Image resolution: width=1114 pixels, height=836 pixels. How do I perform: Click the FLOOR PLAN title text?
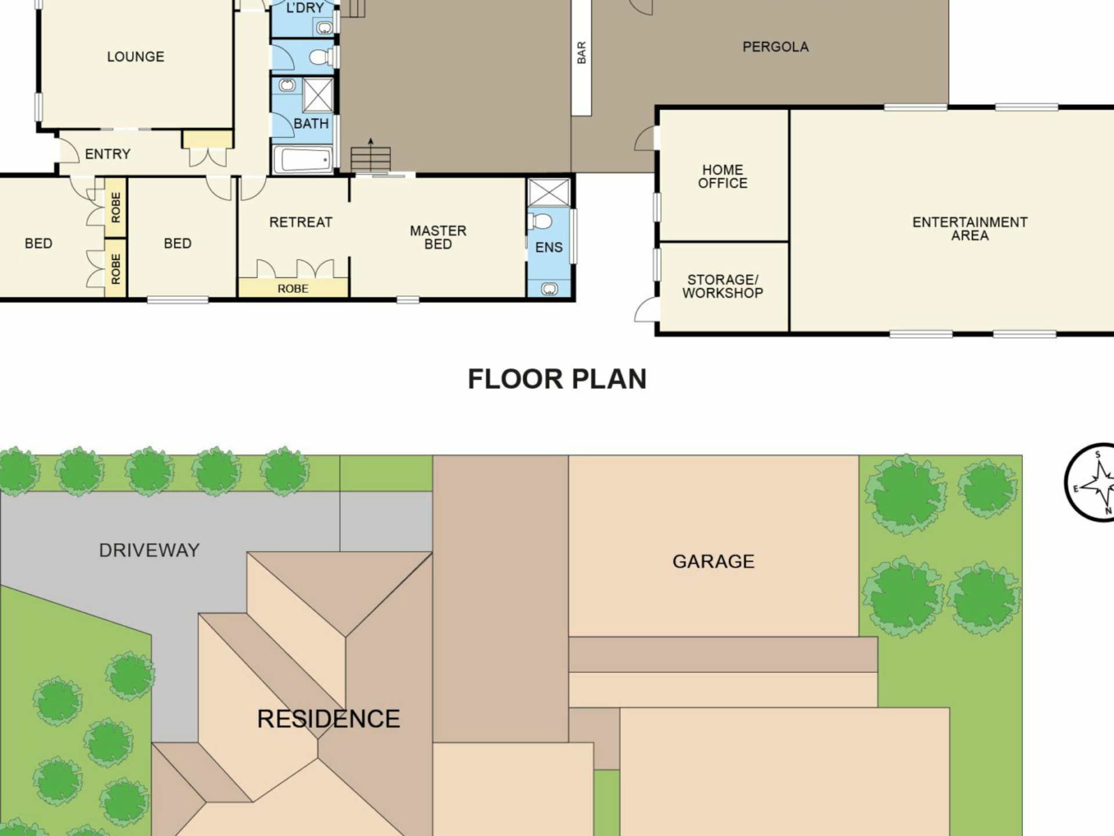point(557,379)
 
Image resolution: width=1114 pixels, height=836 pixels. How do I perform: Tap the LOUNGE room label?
point(135,56)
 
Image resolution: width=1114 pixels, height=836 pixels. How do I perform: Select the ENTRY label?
point(107,154)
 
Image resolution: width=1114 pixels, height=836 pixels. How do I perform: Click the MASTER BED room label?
point(438,237)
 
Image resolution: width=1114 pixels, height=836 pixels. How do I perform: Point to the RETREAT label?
point(301,222)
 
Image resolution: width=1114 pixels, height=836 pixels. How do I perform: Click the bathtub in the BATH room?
point(303,159)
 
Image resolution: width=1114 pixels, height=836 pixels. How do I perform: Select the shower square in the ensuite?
point(548,192)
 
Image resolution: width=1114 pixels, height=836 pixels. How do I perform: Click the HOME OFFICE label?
point(722,176)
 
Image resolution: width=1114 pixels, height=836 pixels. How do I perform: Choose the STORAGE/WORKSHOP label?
point(722,286)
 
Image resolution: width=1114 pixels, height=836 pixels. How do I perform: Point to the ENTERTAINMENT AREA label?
point(970,229)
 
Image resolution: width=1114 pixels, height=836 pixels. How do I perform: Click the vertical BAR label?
point(581,53)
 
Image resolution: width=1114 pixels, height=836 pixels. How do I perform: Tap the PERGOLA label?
point(775,46)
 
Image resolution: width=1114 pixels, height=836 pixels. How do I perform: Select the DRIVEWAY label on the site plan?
point(149,550)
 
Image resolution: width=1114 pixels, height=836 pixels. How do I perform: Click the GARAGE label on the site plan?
point(713,561)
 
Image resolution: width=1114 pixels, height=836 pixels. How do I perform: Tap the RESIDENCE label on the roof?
point(328,719)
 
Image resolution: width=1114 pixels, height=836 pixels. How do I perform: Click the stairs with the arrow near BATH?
point(370,157)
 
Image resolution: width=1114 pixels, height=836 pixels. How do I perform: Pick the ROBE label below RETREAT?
point(293,289)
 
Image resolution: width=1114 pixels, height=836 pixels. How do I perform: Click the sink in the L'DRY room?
point(324,27)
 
